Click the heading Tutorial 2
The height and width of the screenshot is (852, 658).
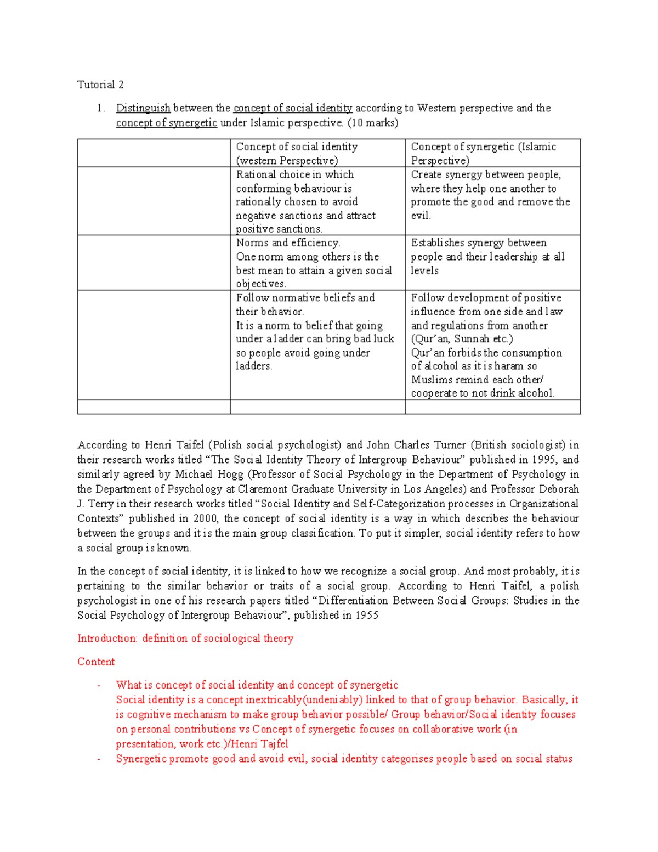(100, 84)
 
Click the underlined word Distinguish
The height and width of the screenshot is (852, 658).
(143, 108)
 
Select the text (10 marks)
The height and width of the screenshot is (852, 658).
(373, 122)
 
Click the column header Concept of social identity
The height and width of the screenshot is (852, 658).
(297, 147)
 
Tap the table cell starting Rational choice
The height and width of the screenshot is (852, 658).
(305, 201)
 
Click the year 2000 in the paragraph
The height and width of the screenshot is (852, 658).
(206, 518)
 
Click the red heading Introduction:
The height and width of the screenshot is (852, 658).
(107, 639)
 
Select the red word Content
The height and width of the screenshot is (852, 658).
(96, 662)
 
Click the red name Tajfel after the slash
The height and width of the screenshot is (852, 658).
(274, 744)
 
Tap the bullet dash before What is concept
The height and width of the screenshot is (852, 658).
(98, 685)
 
